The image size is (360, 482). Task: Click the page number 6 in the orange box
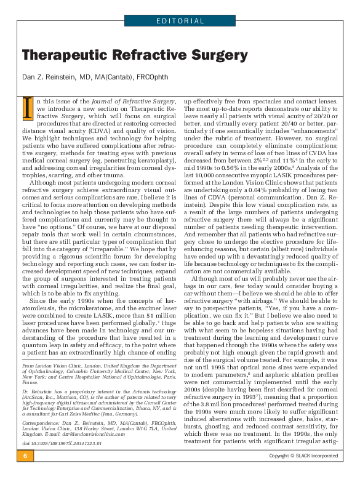(25, 473)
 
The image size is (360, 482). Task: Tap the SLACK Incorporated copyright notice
(306, 473)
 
